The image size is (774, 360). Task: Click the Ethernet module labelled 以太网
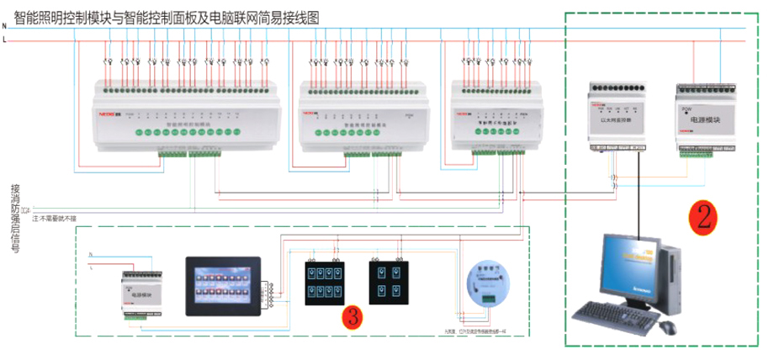[618, 119]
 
